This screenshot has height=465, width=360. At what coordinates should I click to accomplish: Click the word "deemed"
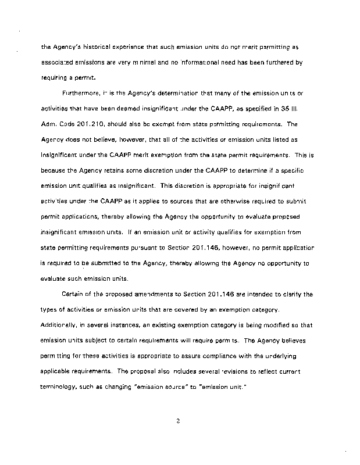tap(137, 108)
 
